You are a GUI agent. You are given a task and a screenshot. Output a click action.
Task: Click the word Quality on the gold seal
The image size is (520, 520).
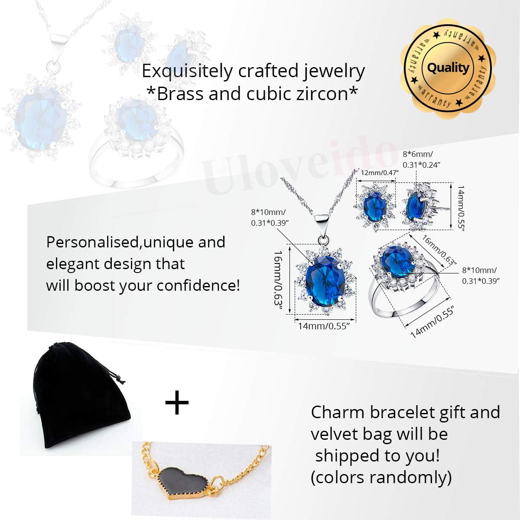448,68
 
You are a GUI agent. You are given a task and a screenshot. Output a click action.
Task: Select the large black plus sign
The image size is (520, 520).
177,402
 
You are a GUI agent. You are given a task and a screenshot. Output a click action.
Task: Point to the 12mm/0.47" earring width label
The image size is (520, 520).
380,173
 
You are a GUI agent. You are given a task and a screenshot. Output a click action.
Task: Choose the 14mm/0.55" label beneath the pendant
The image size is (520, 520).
324,326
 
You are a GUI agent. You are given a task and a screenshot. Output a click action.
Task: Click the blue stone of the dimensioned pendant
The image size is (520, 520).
325,282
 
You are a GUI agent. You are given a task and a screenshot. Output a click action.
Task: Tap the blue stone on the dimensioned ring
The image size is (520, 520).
397,261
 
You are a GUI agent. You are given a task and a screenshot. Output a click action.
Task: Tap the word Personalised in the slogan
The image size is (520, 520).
92,242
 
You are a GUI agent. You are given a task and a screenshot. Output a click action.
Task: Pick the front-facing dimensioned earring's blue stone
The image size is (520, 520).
374,206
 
